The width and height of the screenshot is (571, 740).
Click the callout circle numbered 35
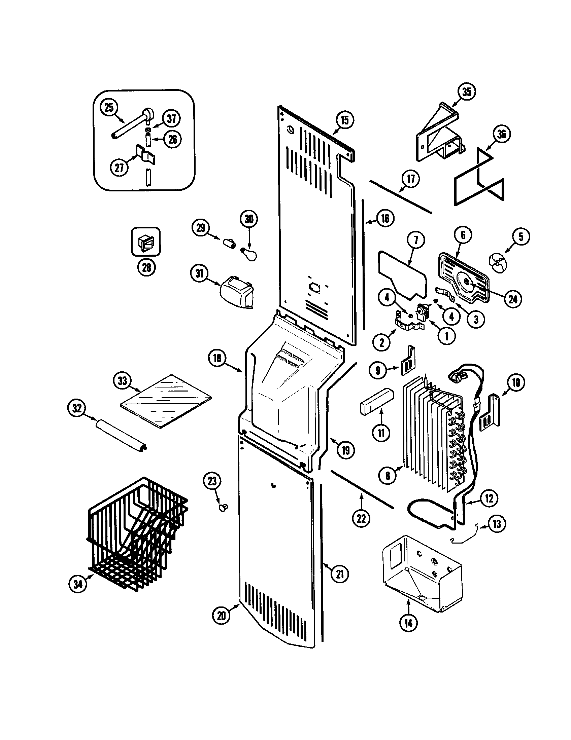[467, 92]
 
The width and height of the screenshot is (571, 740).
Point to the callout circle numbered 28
[146, 268]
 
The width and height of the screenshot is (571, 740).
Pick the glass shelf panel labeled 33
[166, 401]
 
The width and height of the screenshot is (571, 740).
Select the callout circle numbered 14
[408, 623]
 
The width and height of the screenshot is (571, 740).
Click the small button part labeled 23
[224, 507]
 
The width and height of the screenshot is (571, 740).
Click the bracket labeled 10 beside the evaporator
[490, 413]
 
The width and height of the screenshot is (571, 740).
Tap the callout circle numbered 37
[172, 119]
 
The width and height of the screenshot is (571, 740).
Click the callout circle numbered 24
[513, 299]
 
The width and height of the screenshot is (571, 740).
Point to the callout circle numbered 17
[411, 179]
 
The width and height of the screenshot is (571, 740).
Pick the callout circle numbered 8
[388, 476]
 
